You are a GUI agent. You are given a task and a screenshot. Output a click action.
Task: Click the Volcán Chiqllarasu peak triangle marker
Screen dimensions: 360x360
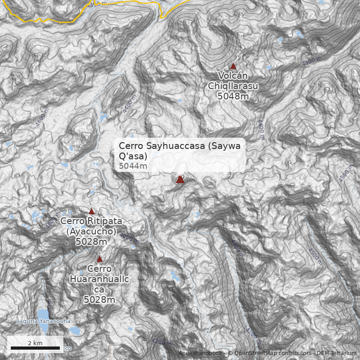[233, 66]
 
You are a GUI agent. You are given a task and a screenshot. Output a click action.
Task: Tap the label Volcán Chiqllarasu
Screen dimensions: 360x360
[233, 81]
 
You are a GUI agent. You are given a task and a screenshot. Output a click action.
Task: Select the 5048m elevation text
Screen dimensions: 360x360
[233, 96]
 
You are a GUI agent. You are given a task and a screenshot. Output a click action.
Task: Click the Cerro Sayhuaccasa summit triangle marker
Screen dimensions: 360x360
[180, 180]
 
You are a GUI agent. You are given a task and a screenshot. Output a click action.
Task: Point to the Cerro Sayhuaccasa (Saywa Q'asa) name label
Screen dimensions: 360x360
[179, 151]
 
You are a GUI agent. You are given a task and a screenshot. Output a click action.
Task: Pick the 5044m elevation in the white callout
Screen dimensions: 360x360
[133, 166]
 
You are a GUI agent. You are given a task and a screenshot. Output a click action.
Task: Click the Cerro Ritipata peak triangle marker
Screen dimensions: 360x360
[91, 211]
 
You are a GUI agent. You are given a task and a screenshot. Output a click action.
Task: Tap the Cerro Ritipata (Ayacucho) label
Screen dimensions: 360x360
[91, 226]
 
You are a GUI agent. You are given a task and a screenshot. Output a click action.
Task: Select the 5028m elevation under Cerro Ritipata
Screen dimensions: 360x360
[91, 242]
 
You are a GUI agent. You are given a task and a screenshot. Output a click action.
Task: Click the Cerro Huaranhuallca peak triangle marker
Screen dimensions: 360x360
[99, 259]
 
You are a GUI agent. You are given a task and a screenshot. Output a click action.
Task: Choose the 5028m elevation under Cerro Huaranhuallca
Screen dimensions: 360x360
[99, 300]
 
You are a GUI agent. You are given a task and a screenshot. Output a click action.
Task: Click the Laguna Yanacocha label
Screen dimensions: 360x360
[43, 321]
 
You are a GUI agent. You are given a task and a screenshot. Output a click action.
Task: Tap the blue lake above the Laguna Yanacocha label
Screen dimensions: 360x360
[43, 313]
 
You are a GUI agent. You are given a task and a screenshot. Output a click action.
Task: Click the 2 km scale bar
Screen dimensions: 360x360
[35, 348]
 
